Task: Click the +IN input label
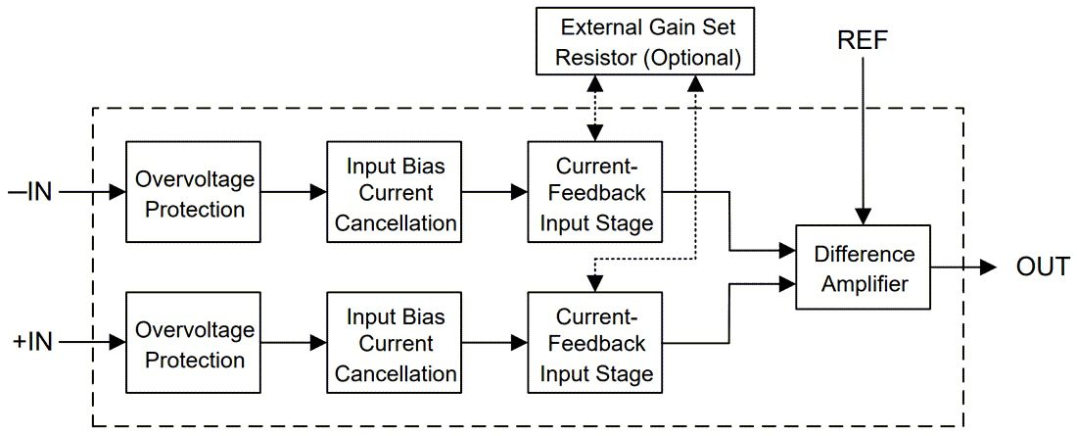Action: (x=31, y=342)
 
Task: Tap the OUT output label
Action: (x=1042, y=266)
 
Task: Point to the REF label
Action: (x=862, y=40)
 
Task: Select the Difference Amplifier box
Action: (x=864, y=267)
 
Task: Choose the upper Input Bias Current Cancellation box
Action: (x=396, y=192)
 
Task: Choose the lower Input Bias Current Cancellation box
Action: (x=396, y=343)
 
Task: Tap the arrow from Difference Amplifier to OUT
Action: (x=964, y=266)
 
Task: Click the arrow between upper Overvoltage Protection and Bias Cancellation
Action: (x=293, y=193)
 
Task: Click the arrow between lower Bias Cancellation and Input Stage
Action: (x=494, y=343)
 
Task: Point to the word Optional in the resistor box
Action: (x=693, y=57)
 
